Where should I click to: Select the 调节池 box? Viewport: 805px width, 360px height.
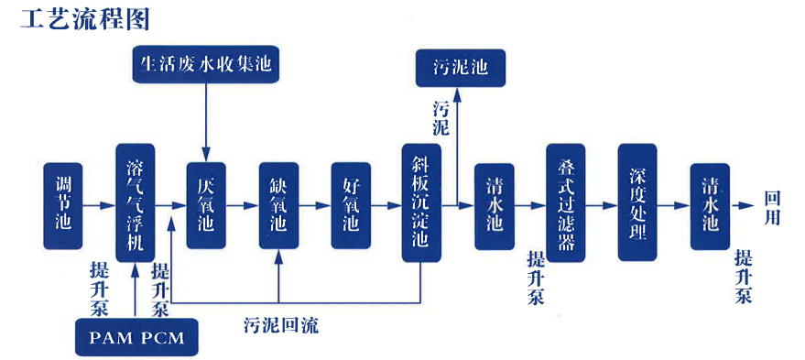pos(63,207)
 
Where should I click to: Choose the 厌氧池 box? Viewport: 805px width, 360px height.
pos(206,206)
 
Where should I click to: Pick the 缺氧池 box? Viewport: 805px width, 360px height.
pos(278,206)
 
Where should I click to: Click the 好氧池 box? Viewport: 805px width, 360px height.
pos(351,206)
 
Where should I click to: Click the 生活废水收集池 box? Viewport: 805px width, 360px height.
pos(206,65)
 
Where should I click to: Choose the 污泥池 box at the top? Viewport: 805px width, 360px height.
pos(460,68)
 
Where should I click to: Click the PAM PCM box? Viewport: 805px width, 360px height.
pos(136,338)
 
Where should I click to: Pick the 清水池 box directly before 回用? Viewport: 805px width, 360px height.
pos(711,206)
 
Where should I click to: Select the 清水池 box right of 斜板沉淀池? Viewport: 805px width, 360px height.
pos(494,206)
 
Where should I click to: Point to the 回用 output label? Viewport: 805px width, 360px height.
pos(775,207)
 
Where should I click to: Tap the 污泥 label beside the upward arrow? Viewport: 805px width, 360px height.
pos(441,117)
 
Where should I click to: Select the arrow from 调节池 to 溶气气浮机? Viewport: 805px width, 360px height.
pos(99,206)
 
